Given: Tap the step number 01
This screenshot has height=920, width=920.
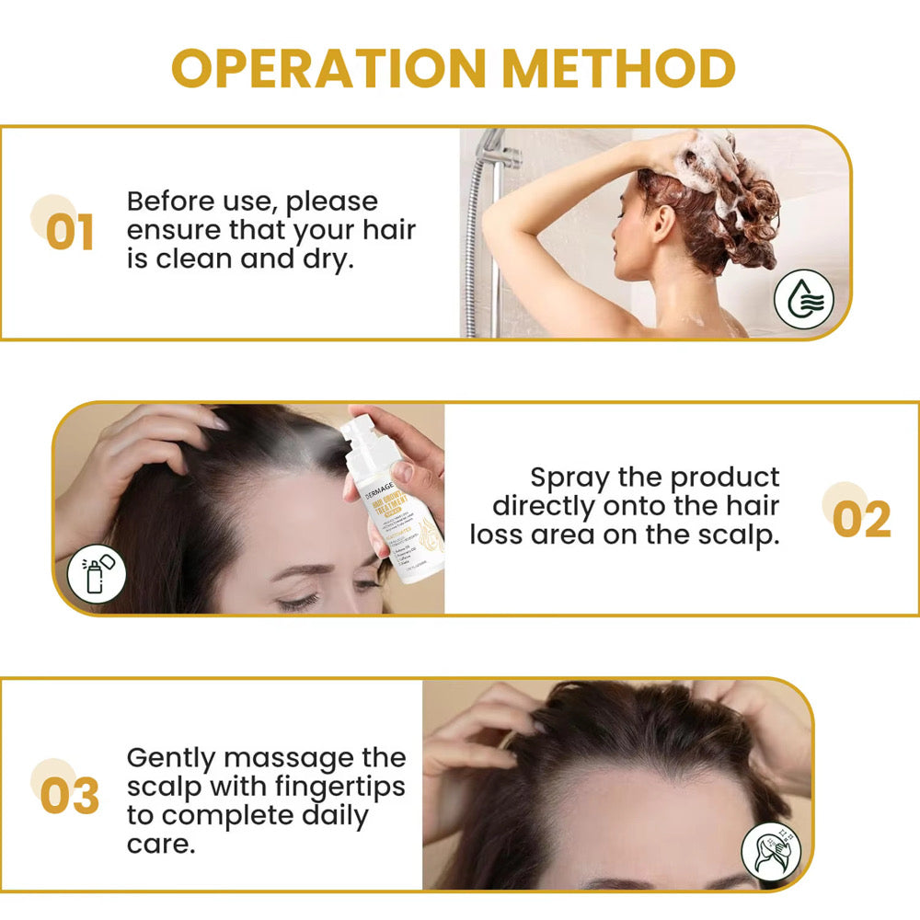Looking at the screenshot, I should click(x=70, y=233).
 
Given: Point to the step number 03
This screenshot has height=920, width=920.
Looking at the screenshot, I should click(x=69, y=797).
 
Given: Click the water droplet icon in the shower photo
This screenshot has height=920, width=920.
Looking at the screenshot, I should click(x=802, y=299).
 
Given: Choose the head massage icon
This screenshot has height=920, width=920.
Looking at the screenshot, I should click(x=771, y=853).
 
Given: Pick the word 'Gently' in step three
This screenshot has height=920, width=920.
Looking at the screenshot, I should click(x=170, y=758).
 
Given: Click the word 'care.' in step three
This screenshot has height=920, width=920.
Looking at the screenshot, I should click(x=161, y=844).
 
